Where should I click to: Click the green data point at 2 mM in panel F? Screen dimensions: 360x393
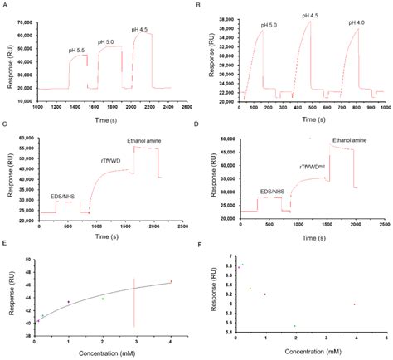pyautogui.click(x=295, y=326)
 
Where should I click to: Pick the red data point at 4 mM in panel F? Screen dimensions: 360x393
pyautogui.click(x=354, y=304)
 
